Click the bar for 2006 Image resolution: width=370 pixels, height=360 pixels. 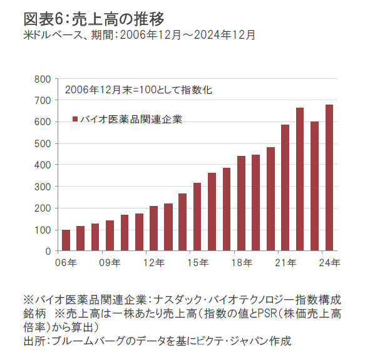pos(66,240)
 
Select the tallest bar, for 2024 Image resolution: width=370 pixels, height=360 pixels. pos(329,178)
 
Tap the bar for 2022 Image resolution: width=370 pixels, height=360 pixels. pos(300,179)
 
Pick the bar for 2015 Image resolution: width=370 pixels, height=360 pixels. pos(197,217)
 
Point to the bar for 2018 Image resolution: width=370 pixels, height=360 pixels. pos(242,203)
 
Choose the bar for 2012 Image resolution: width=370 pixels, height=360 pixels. pos(153,229)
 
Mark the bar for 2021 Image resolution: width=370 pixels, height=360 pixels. pos(285,188)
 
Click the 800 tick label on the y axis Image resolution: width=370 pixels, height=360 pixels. pos(43,80)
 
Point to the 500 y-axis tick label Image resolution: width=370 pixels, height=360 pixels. pos(43,143)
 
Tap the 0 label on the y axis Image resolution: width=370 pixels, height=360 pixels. pos(48,252)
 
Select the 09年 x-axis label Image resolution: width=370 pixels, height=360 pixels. pos(110,262)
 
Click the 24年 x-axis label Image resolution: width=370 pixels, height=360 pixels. pos(329,262)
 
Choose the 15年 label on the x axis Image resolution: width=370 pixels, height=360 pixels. pos(198,262)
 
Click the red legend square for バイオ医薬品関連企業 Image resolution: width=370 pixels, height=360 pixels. pos(75,119)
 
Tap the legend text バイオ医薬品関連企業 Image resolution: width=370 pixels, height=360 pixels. pos(131,120)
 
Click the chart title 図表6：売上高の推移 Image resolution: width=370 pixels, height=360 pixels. pos(94,19)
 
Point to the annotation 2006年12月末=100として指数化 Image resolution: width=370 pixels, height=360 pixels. pos(138,90)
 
